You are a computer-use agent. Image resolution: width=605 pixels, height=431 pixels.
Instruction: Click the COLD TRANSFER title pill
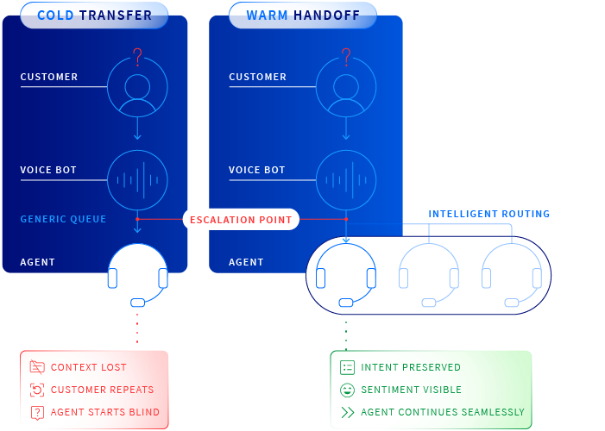pyautogui.click(x=94, y=16)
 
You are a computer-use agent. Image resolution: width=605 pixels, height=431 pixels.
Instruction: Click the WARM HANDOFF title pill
pyautogui.click(x=302, y=16)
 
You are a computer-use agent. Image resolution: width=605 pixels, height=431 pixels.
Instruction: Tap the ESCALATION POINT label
pyautogui.click(x=241, y=220)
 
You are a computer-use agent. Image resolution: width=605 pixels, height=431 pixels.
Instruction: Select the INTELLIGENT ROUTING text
pyautogui.click(x=488, y=214)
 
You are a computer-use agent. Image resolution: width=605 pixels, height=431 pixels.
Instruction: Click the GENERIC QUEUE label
pyautogui.click(x=63, y=219)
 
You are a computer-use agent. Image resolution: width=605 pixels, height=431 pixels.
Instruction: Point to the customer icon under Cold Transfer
pyautogui.click(x=137, y=87)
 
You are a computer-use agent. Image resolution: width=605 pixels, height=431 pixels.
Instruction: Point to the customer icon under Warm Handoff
pyautogui.click(x=345, y=87)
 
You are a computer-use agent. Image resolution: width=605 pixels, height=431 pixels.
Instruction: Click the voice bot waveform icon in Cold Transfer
pyautogui.click(x=137, y=180)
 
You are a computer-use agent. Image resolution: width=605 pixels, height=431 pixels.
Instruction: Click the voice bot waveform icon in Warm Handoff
pyautogui.click(x=345, y=180)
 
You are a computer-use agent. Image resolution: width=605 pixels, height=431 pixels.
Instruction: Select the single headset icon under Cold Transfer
pyautogui.click(x=137, y=275)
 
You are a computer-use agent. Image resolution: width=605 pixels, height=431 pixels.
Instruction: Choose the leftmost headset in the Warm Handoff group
pyautogui.click(x=345, y=275)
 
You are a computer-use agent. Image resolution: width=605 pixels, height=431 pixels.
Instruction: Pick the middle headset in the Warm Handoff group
pyautogui.click(x=428, y=275)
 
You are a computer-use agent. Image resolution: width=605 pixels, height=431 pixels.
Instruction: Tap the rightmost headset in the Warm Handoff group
pyautogui.click(x=511, y=275)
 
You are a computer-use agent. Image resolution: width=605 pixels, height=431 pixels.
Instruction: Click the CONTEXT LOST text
pyautogui.click(x=88, y=367)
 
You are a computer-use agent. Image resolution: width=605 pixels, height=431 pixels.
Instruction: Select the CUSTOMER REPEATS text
pyautogui.click(x=102, y=390)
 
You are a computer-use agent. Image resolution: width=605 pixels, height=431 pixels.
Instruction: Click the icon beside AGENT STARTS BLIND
pyautogui.click(x=36, y=412)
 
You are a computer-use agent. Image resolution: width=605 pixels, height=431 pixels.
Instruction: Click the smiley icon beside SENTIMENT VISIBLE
pyautogui.click(x=347, y=390)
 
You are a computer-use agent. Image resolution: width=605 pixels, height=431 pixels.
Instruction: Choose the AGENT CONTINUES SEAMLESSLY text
pyautogui.click(x=442, y=412)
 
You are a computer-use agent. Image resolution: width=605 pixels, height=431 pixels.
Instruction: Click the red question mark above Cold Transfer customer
pyautogui.click(x=136, y=57)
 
